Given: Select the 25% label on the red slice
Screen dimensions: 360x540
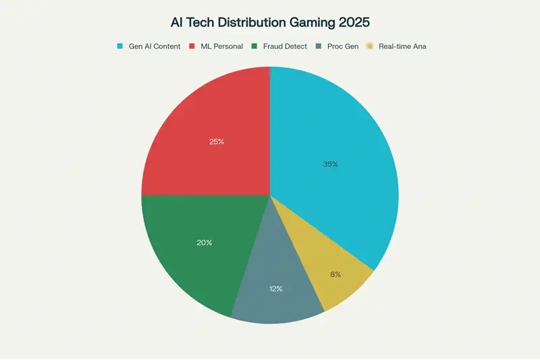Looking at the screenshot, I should pyautogui.click(x=216, y=142).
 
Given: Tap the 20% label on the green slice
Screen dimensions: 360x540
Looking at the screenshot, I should pyautogui.click(x=205, y=242).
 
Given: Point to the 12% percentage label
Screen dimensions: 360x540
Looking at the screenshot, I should pyautogui.click(x=275, y=288).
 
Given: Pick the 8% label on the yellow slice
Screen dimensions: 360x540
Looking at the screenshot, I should pyautogui.click(x=335, y=274).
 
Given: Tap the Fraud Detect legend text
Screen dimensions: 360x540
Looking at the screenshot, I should pyautogui.click(x=286, y=46).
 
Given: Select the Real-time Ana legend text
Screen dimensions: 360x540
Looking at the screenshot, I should pyautogui.click(x=402, y=46).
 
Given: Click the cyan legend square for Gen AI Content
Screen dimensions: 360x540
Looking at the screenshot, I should pyautogui.click(x=120, y=46).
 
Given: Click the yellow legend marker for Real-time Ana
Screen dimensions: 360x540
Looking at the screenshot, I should pyautogui.click(x=370, y=46).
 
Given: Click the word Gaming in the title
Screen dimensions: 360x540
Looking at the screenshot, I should pyautogui.click(x=310, y=22).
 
